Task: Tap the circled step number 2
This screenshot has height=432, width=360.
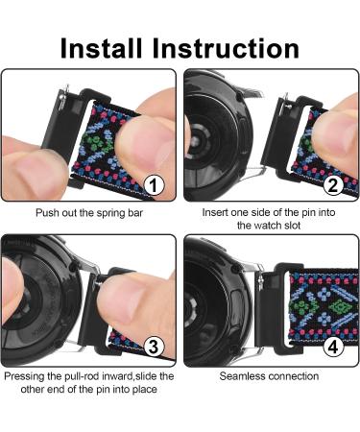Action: pyautogui.click(x=334, y=184)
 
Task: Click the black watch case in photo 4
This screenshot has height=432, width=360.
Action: pyautogui.click(x=216, y=307)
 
